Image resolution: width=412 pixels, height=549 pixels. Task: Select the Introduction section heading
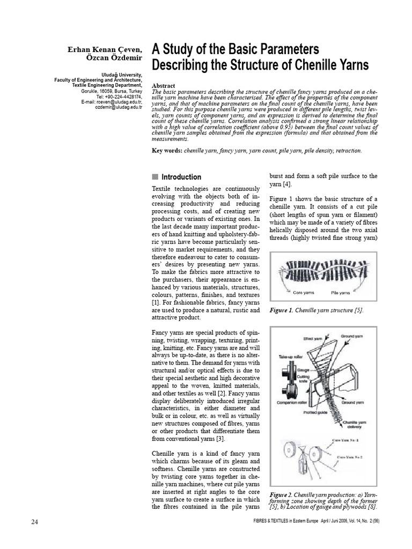click(181, 177)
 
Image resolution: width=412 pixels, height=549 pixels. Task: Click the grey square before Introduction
click(156, 177)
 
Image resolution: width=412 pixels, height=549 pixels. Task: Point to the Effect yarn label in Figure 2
click(312, 339)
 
